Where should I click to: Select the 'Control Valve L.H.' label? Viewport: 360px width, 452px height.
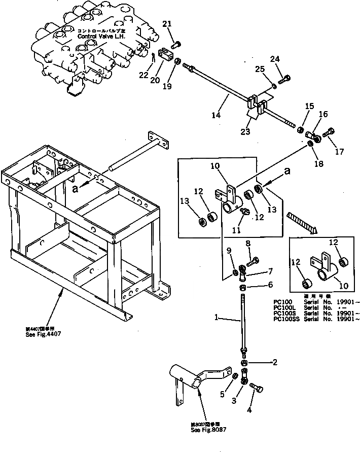pyautogui.click(x=104, y=37)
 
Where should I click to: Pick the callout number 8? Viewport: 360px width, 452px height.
pyautogui.click(x=248, y=244)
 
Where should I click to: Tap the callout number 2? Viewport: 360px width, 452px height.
pyautogui.click(x=274, y=362)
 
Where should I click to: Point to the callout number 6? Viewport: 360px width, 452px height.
pyautogui.click(x=270, y=285)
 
